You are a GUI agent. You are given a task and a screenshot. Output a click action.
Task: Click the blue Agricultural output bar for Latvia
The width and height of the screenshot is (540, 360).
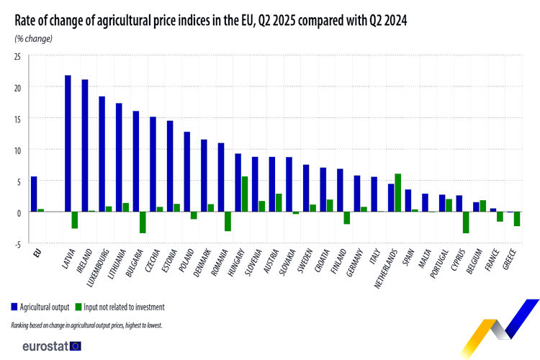pyautogui.click(x=68, y=143)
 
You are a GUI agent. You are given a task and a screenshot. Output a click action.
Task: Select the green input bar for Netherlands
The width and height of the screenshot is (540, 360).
pyautogui.click(x=398, y=193)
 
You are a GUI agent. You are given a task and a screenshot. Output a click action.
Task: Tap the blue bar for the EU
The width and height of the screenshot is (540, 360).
pyautogui.click(x=34, y=194)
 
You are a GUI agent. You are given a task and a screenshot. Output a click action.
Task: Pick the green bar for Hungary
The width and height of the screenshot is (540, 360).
pyautogui.click(x=245, y=194)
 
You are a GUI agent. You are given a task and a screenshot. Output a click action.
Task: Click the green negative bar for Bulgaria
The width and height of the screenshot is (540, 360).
pyautogui.click(x=143, y=222)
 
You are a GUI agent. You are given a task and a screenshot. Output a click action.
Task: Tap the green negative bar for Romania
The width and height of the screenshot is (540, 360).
pyautogui.click(x=228, y=222)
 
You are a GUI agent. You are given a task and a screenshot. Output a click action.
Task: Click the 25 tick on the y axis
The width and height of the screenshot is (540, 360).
pyautogui.click(x=17, y=56)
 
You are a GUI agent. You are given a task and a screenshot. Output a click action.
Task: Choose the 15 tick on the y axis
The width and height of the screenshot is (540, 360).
pyautogui.click(x=17, y=119)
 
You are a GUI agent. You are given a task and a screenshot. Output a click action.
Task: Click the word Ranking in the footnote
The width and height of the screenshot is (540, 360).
pyautogui.click(x=22, y=325)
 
